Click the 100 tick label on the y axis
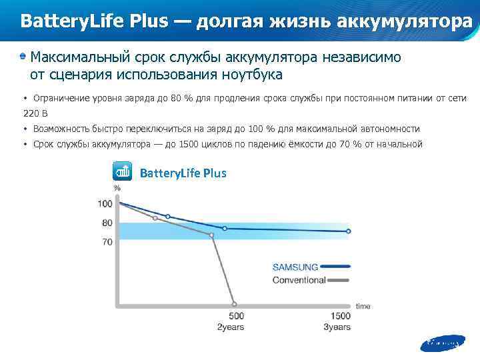[x=105, y=203]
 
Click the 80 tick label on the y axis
[x=107, y=223]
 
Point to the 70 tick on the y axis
[x=107, y=242]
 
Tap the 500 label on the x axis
[x=236, y=316]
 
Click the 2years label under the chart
[x=231, y=327]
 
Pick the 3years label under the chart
[x=337, y=327]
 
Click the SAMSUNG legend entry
[x=295, y=267]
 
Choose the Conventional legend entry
[x=299, y=280]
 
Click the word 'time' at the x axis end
[x=363, y=306]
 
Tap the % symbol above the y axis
[x=117, y=188]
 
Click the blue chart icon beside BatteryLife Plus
[x=123, y=172]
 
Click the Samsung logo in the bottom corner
[x=441, y=344]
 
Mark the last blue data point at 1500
[x=348, y=231]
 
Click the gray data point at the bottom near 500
[x=233, y=303]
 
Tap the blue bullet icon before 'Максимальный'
[x=23, y=57]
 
